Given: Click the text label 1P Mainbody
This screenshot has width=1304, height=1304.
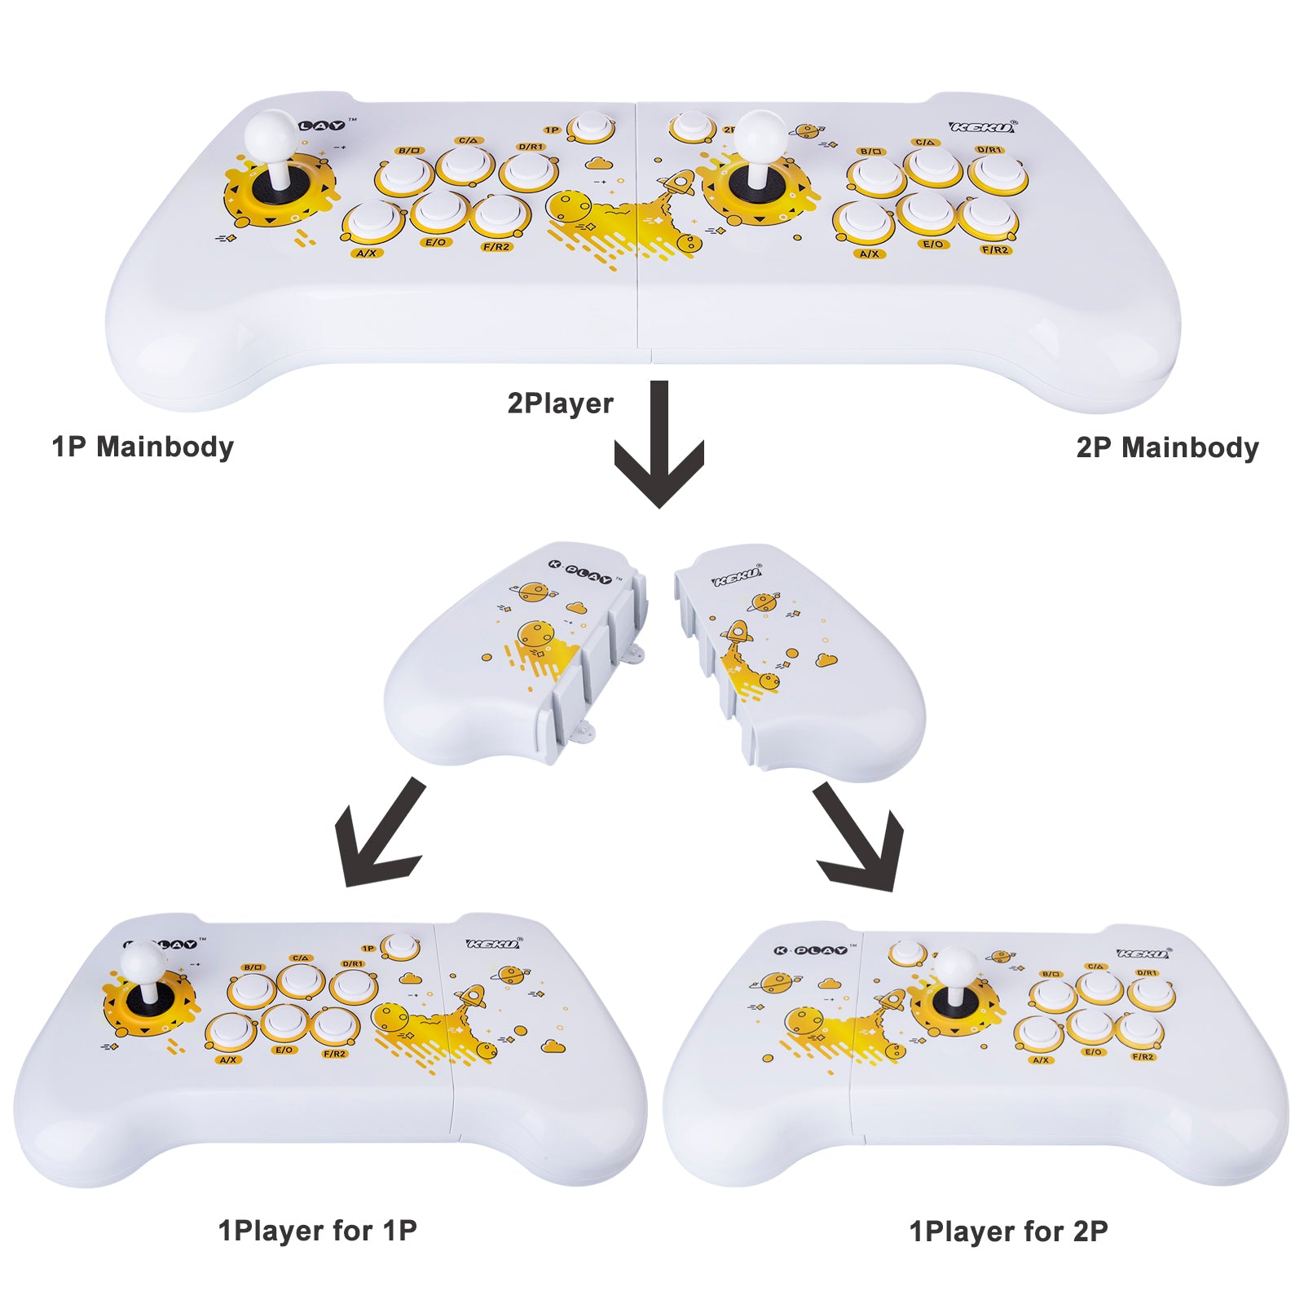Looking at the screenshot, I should coord(143,447).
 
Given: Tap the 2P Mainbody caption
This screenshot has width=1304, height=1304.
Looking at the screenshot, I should coord(1167,447).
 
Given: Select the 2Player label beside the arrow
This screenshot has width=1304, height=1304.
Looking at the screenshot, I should coord(560,403).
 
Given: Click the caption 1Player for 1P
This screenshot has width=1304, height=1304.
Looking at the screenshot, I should coord(317,1230).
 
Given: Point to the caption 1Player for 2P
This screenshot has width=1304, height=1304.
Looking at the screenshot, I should coord(1008,1231).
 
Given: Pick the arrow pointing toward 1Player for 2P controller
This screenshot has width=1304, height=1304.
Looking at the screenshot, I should coord(860,839).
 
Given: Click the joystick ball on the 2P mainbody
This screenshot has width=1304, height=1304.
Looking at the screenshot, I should coord(760,132).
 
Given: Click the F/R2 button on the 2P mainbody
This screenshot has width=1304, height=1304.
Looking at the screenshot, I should coord(989,218).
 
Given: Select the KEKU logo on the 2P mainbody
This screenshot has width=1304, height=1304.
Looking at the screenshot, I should coord(983,127).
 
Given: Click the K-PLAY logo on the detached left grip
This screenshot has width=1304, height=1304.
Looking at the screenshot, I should coord(579,571).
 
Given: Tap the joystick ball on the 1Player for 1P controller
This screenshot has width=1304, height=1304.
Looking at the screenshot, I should coord(143,962).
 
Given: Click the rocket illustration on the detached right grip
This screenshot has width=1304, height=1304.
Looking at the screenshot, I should coord(737,636).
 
